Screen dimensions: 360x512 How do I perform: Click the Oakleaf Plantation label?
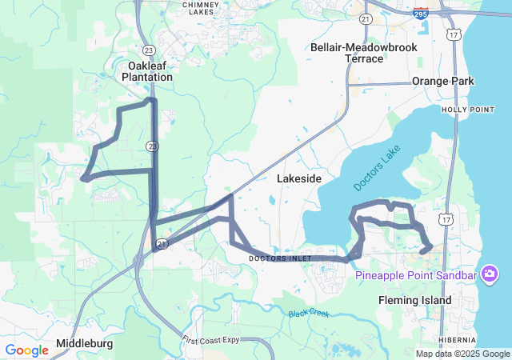pos(146,71)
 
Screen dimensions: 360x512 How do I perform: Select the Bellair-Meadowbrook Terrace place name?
pos(364,53)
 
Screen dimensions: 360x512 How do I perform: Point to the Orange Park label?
pos(442,81)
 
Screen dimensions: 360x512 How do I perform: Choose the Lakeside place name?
pos(298,179)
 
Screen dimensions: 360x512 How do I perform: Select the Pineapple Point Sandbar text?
pos(416,276)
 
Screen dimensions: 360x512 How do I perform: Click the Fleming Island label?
pos(414,300)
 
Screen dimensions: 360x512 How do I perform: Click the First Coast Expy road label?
pos(210,340)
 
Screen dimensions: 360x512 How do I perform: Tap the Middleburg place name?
pos(84,344)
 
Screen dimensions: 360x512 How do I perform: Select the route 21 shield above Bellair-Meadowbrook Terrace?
pos(366,18)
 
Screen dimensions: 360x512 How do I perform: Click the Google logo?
pos(27,350)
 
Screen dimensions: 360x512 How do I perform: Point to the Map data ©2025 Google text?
pos(462,354)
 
